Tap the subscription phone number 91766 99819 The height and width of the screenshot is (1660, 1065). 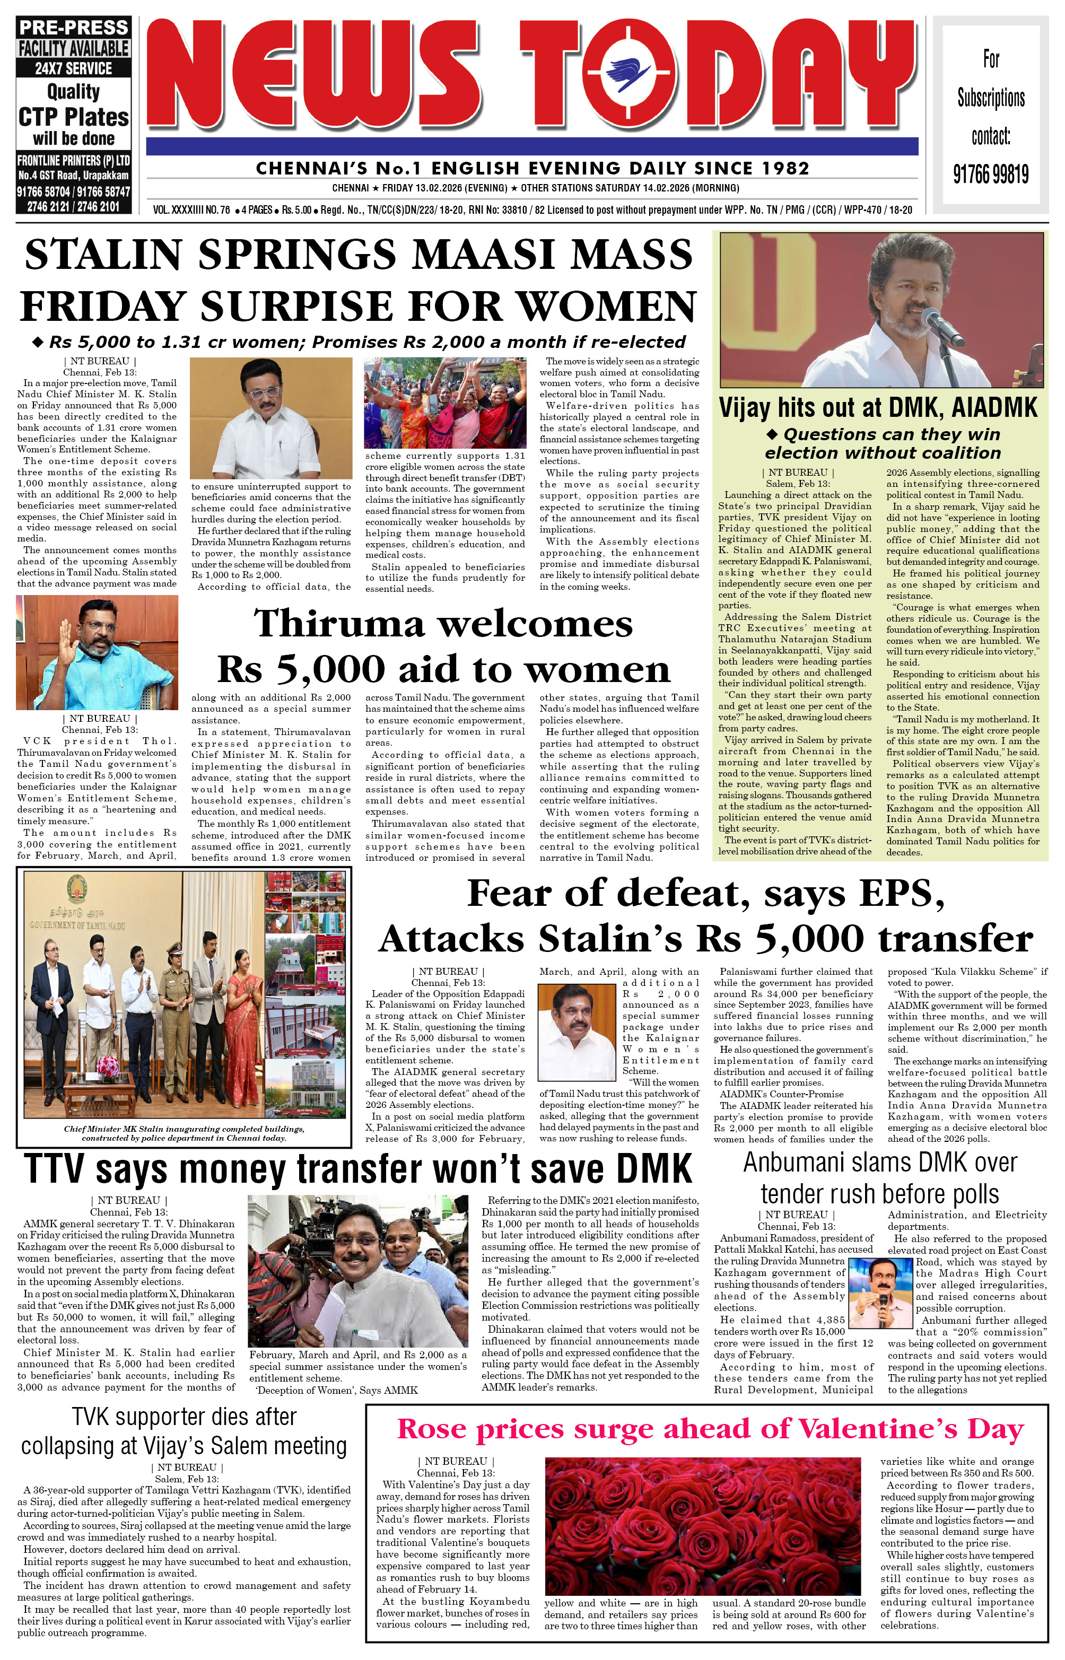990,174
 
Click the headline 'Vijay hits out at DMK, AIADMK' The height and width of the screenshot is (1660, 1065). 878,408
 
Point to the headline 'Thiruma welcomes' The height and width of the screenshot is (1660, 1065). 443,623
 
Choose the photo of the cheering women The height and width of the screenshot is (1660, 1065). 444,403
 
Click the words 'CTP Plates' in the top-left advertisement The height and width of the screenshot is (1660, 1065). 73,117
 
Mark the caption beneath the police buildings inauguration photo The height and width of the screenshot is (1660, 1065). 184,1132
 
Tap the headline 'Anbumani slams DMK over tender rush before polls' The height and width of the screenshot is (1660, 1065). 880,1177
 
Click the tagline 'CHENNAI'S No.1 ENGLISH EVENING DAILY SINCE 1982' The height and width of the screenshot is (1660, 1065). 532,168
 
